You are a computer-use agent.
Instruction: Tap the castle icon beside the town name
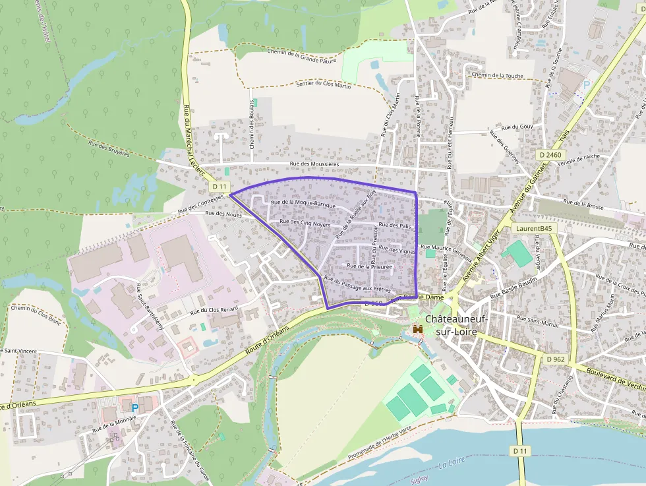click(417, 328)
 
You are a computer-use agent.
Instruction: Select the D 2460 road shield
click(550, 155)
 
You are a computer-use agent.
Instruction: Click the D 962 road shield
click(556, 359)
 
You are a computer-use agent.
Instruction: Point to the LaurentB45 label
click(534, 228)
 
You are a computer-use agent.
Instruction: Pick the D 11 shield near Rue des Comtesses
click(220, 187)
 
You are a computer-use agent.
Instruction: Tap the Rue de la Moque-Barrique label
click(303, 204)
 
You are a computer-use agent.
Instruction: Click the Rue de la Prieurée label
click(369, 266)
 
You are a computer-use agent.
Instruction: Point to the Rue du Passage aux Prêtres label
click(358, 285)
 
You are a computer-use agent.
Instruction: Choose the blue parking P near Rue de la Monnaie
click(135, 408)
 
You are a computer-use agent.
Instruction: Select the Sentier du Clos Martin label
click(324, 84)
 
